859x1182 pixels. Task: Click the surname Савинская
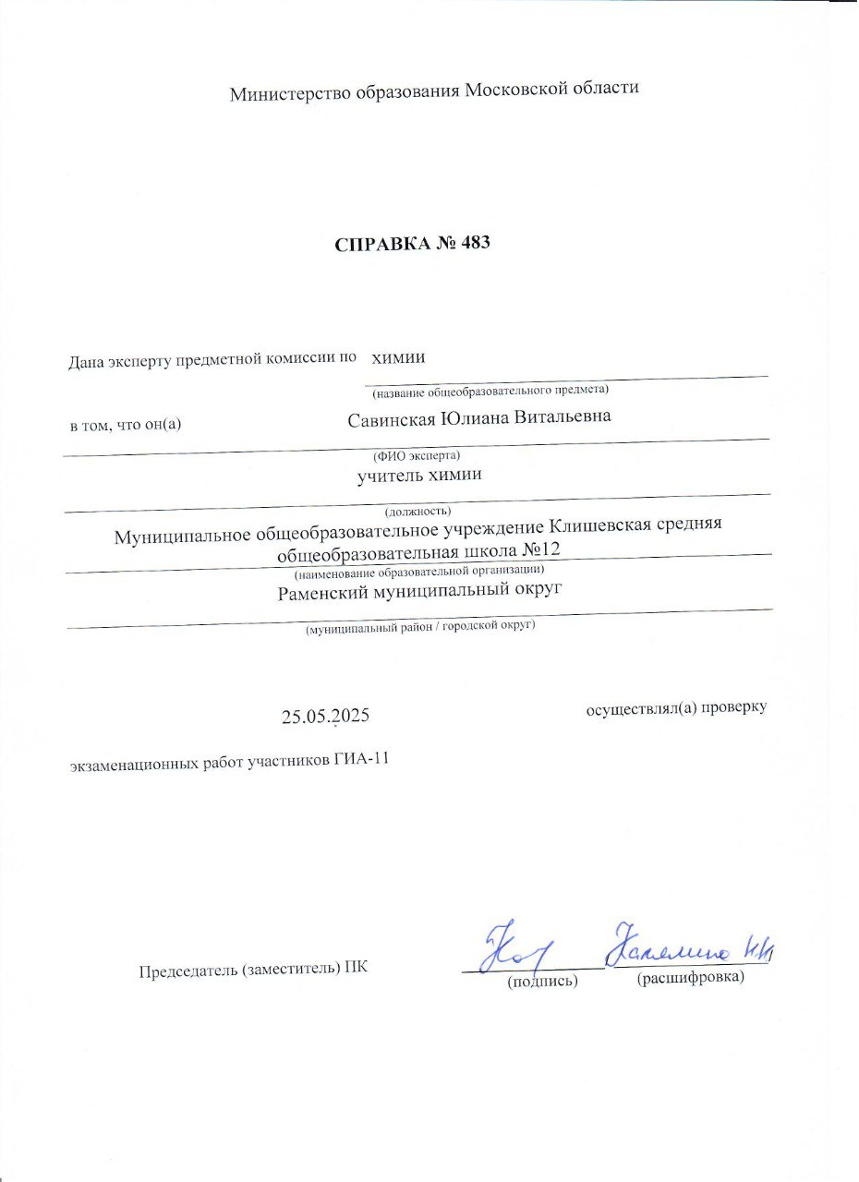tap(391, 417)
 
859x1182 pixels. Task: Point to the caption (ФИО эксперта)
tap(416, 455)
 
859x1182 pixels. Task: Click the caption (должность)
tap(417, 510)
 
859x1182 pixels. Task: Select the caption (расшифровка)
tap(691, 977)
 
